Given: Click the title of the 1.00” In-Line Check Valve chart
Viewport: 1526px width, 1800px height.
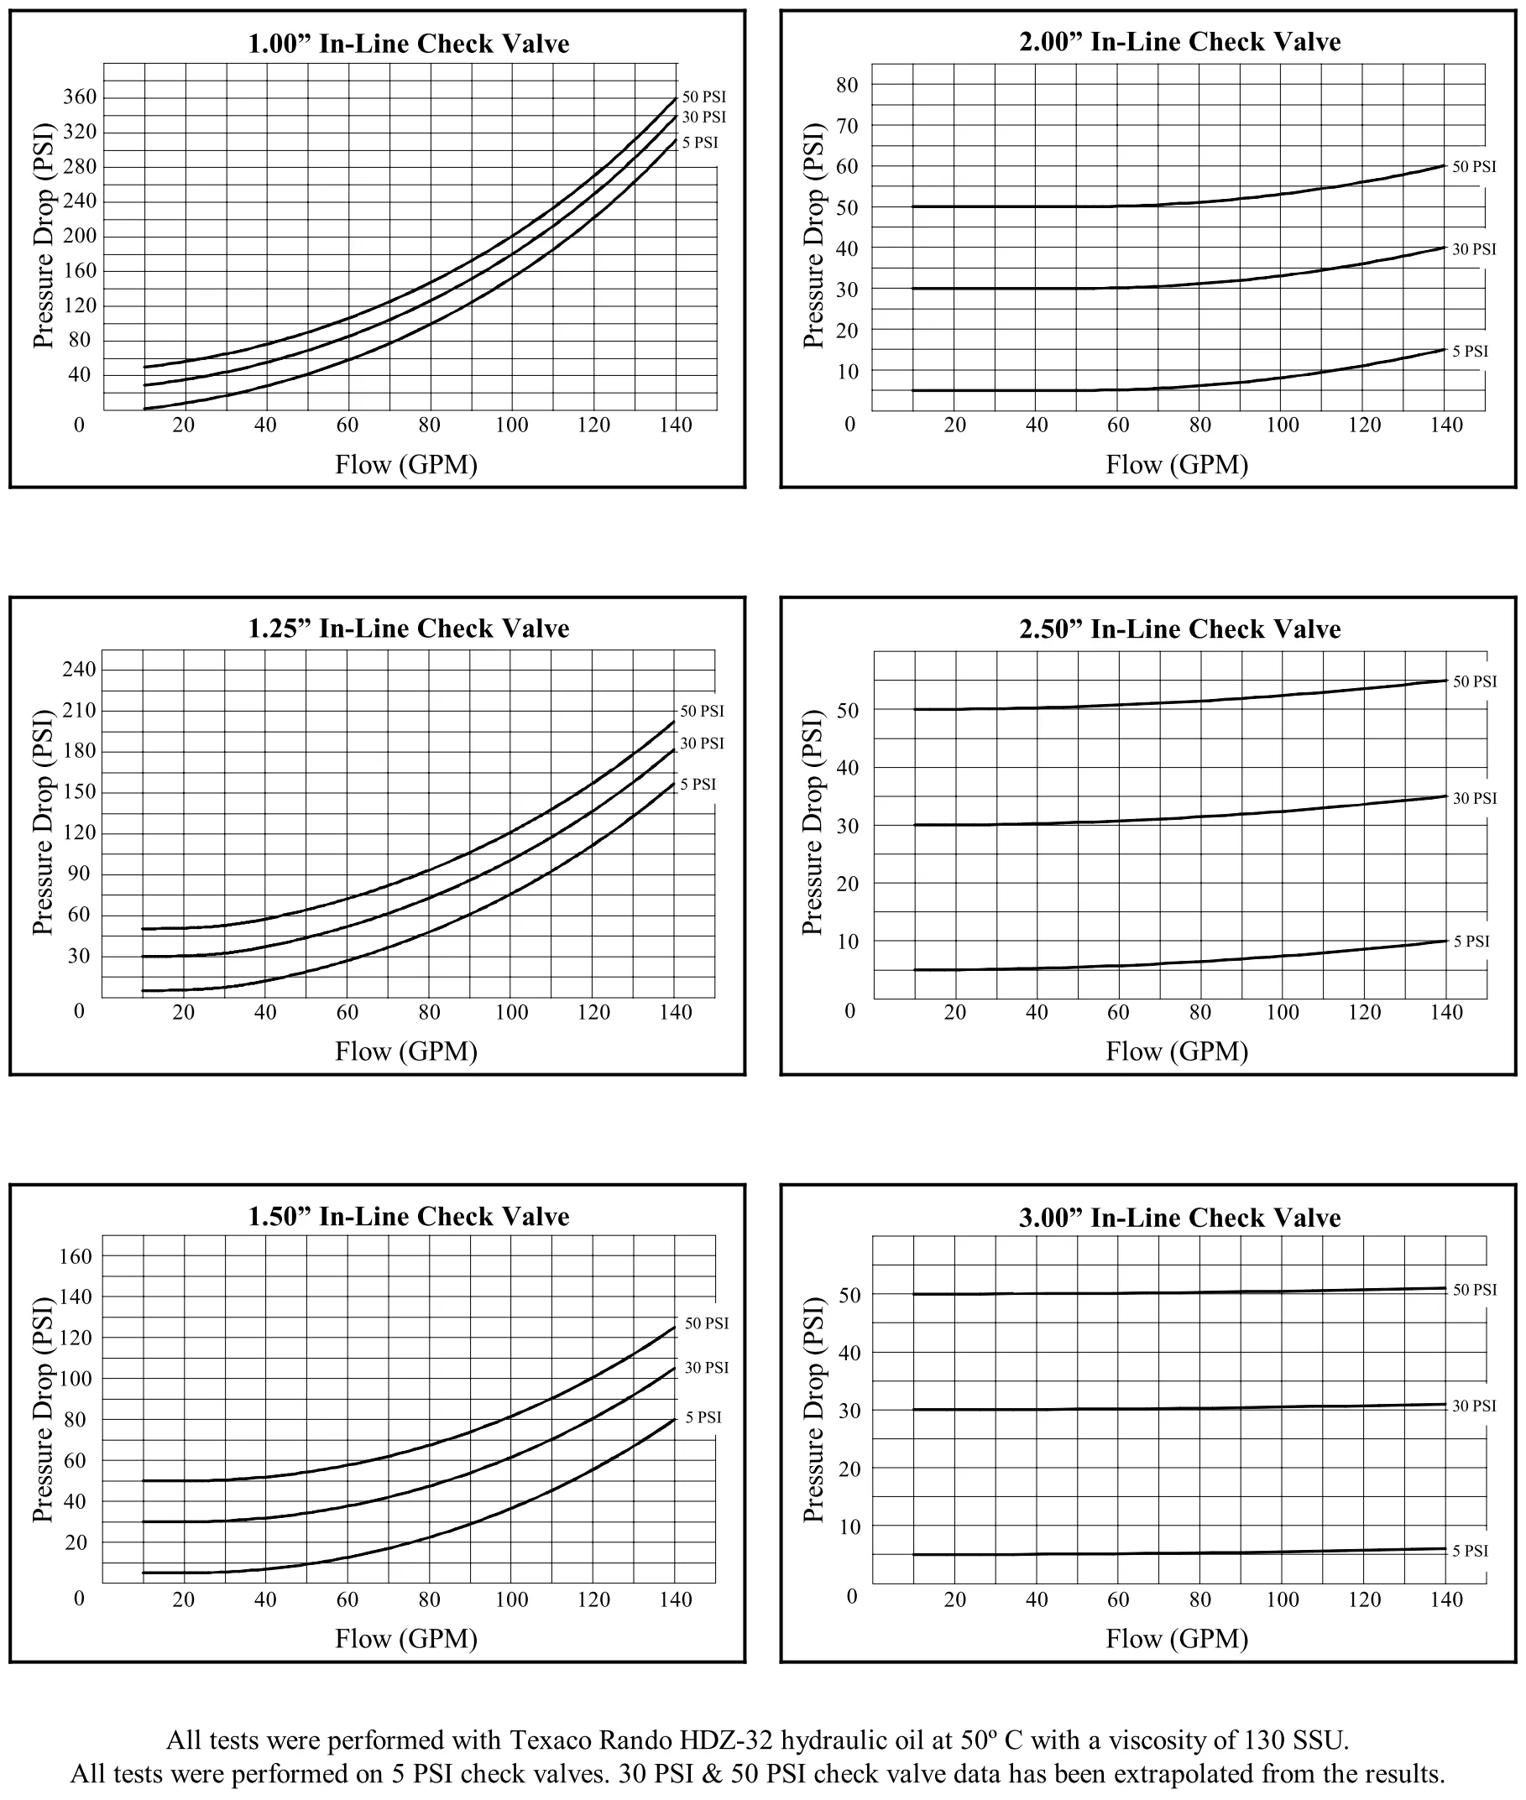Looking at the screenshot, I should point(408,44).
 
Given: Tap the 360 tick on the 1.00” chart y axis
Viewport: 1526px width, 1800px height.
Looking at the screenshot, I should point(80,97).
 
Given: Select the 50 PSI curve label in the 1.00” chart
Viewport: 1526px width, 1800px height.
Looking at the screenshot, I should point(703,97).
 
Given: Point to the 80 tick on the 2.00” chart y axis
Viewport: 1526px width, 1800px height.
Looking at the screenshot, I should point(847,85).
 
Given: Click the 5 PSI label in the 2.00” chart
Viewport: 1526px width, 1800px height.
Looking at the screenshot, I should point(1470,351).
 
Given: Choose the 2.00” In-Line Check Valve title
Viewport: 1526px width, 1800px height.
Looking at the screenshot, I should point(1179,41).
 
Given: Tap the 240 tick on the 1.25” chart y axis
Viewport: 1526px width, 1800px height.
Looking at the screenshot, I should point(80,669).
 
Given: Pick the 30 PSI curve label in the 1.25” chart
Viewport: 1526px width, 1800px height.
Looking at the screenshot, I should point(702,743).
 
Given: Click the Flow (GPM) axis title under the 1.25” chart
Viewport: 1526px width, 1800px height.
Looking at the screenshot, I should point(405,1051).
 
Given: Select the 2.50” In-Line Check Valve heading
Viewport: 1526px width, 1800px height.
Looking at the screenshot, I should point(1179,629).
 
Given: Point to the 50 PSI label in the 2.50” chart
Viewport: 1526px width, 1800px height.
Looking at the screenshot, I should point(1474,681).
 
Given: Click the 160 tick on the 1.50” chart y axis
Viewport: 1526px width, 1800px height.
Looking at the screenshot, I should point(76,1256).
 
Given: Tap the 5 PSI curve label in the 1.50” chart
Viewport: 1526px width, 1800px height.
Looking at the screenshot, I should point(703,1417).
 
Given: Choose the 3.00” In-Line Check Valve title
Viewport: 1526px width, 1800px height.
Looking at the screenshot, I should point(1179,1217).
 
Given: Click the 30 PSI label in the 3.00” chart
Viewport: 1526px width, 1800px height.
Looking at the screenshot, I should point(1473,1406).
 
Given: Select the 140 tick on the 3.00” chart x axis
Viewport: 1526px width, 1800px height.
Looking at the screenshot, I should point(1446,1599).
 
